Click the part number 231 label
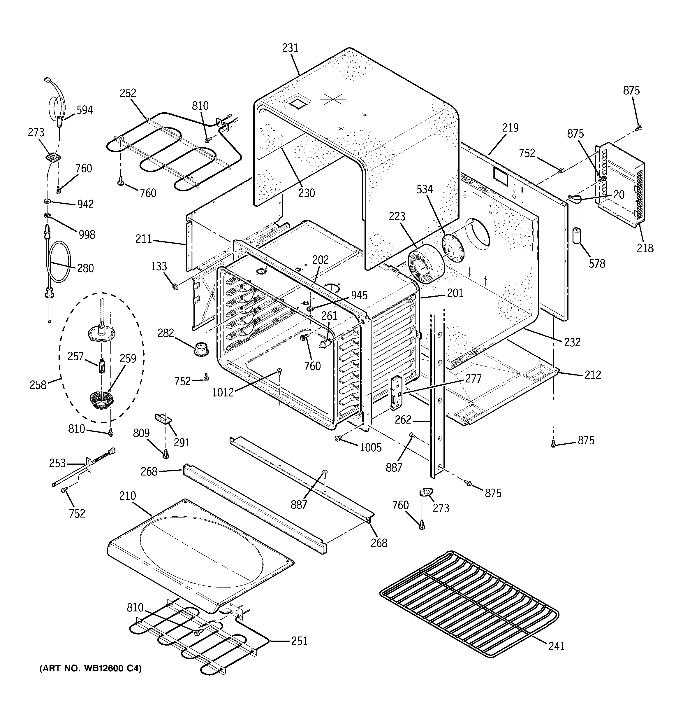tap(290, 48)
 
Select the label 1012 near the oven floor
tap(223, 393)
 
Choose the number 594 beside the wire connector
tap(85, 110)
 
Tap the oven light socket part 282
tap(201, 349)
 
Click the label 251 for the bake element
tap(299, 641)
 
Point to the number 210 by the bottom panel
tap(127, 496)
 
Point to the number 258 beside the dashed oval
tap(38, 384)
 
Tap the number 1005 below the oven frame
tap(370, 447)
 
